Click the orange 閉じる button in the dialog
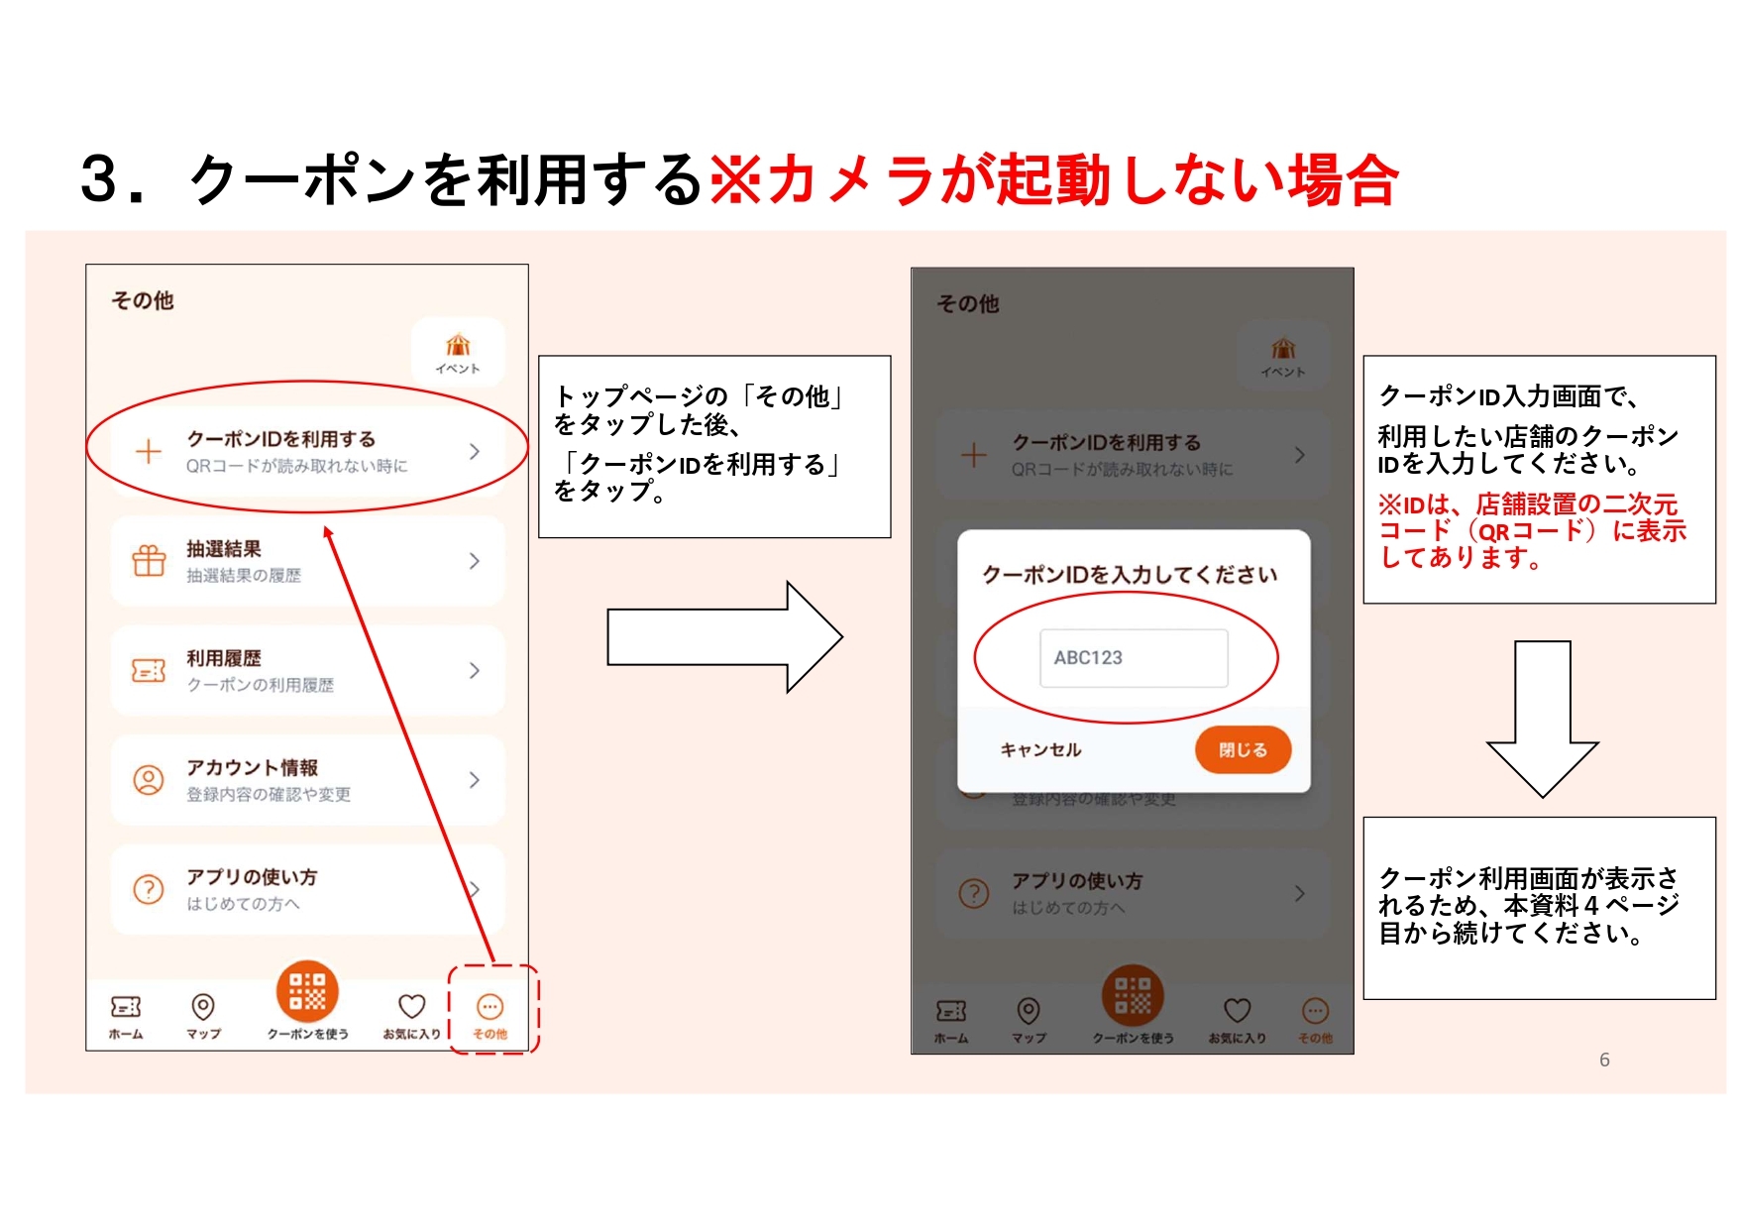point(1243,750)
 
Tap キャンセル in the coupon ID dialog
point(1040,750)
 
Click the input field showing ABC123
point(1134,658)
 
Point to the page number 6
point(1604,1060)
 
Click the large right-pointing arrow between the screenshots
point(724,637)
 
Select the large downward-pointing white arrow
point(1542,720)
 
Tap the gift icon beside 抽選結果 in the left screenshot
point(149,561)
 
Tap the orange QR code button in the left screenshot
point(307,991)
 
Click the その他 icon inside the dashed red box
point(489,1007)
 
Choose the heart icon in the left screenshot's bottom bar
point(411,1007)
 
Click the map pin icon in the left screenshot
point(203,1007)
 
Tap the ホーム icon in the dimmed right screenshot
point(951,1011)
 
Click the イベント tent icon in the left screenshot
point(458,345)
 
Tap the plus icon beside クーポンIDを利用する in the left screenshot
point(149,452)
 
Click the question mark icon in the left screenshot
point(149,889)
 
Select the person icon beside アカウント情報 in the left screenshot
point(149,780)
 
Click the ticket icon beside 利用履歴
point(149,671)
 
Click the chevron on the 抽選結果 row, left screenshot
point(475,561)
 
